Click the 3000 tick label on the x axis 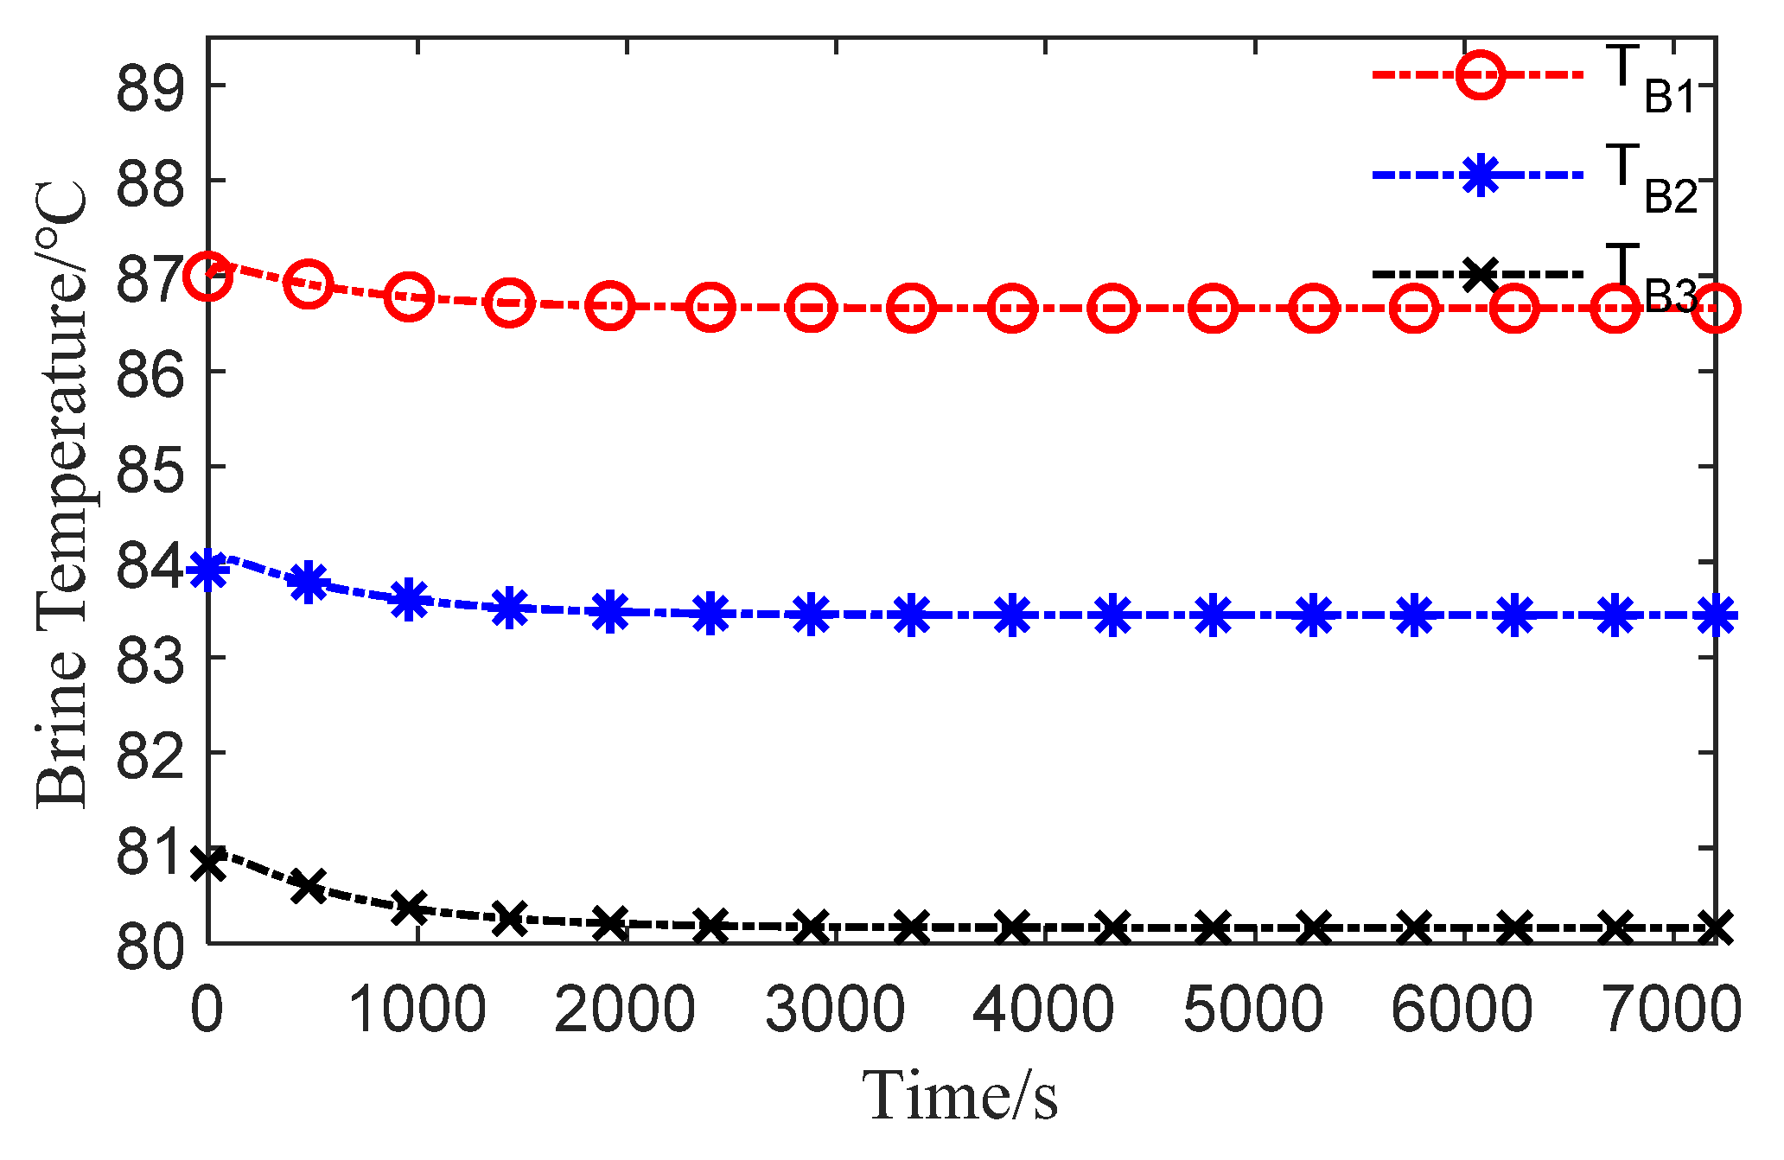(835, 1010)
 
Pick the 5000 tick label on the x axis (1253, 1010)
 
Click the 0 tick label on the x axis (207, 1010)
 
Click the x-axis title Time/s (959, 1096)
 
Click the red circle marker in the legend (1480, 75)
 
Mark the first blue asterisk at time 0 (207, 570)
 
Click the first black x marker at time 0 (207, 863)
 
